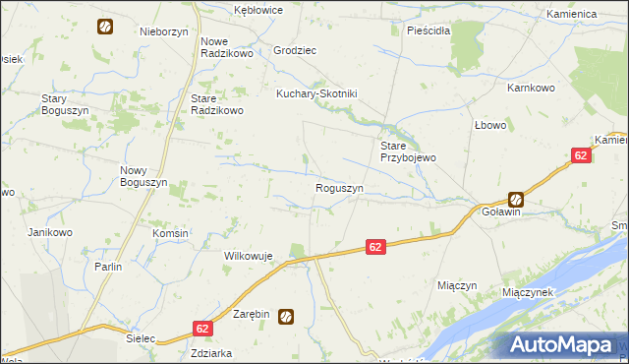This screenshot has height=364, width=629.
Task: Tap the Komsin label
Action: pyautogui.click(x=170, y=233)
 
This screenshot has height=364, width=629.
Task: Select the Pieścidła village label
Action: pyautogui.click(x=429, y=30)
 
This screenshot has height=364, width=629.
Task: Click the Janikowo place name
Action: pyautogui.click(x=51, y=232)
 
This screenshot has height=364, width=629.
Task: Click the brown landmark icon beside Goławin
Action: pyautogui.click(x=515, y=199)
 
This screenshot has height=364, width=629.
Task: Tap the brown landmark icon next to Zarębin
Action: pyautogui.click(x=286, y=316)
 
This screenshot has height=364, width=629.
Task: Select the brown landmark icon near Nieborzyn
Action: pyautogui.click(x=104, y=27)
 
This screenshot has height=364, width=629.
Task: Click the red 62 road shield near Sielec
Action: pyautogui.click(x=202, y=329)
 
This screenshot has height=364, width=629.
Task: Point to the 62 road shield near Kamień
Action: pyautogui.click(x=582, y=155)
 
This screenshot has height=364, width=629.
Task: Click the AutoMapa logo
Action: pyautogui.click(x=561, y=345)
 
